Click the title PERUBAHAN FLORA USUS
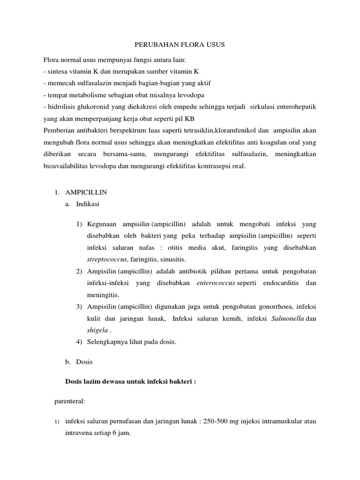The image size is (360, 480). pos(180,45)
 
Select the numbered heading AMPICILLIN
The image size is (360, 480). pos(86,192)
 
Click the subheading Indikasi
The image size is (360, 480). pos(88,204)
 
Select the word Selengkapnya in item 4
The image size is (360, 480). pos(107,342)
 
